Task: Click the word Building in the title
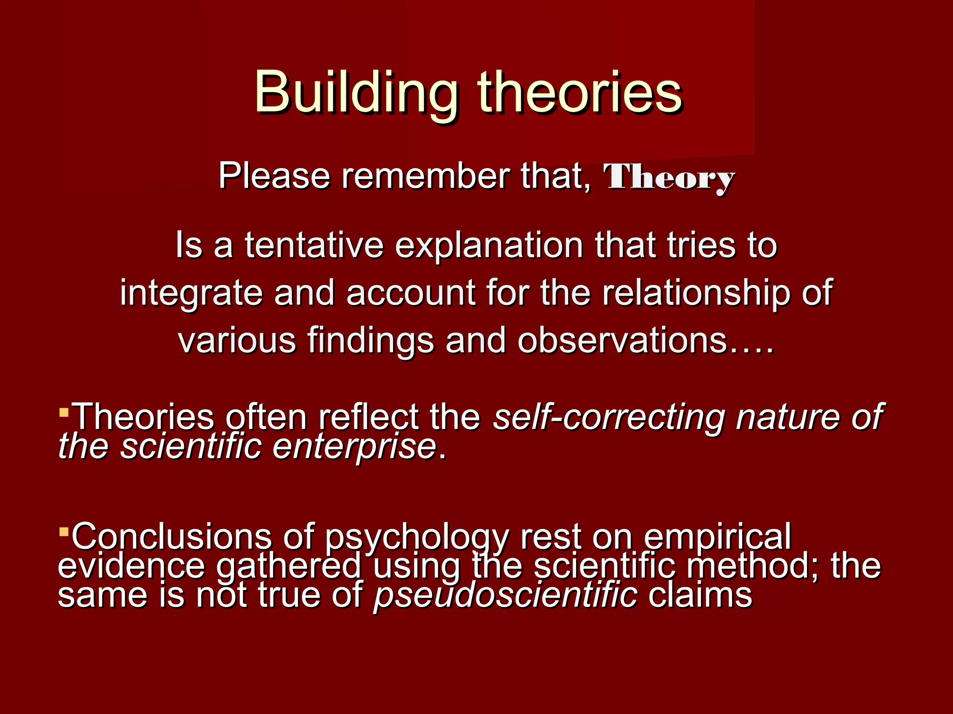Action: click(356, 93)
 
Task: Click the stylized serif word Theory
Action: click(669, 178)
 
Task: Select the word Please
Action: click(274, 176)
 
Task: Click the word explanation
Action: click(489, 246)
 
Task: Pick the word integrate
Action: click(191, 294)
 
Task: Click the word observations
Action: click(622, 340)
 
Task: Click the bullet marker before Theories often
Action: click(64, 411)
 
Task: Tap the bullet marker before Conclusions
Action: click(64, 530)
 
